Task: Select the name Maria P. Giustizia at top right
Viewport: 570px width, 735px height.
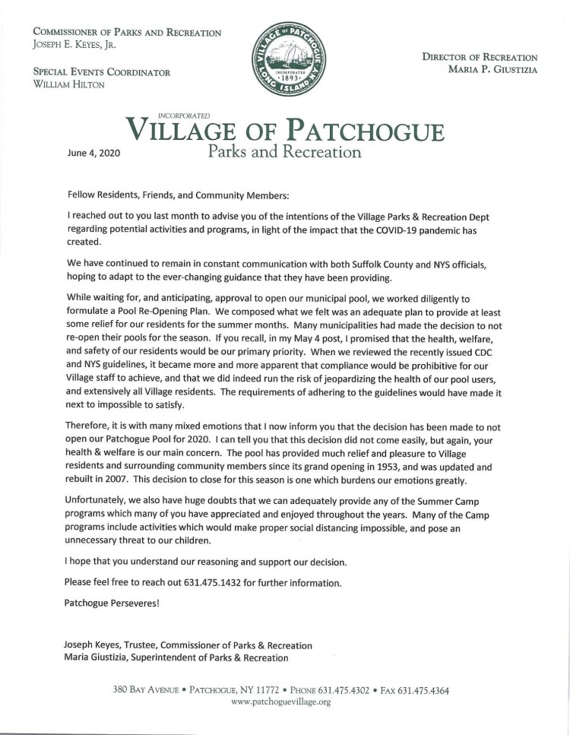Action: click(x=492, y=71)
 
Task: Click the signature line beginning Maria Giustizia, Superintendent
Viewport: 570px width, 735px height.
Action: click(x=176, y=657)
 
